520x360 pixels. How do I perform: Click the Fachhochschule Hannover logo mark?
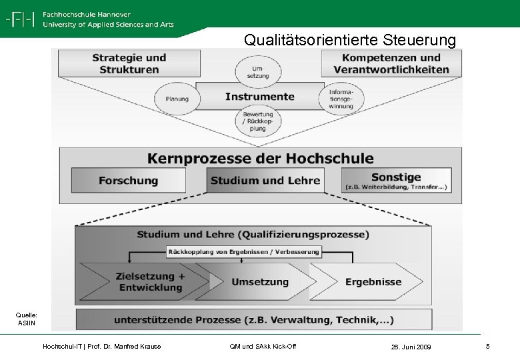tap(20, 19)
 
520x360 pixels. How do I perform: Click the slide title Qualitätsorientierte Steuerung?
tap(350, 40)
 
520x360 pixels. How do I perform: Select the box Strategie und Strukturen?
tap(129, 63)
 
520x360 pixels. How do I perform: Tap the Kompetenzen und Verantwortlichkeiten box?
tap(391, 63)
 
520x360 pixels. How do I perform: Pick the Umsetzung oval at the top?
tap(260, 71)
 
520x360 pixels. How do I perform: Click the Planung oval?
tap(177, 99)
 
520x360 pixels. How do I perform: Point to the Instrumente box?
tap(259, 97)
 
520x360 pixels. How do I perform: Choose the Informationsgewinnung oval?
tap(341, 99)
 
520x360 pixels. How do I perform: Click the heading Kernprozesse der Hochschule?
tap(260, 159)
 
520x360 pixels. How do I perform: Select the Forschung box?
tap(129, 181)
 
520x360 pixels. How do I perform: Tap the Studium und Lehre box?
tap(265, 181)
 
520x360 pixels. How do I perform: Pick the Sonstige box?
tap(396, 180)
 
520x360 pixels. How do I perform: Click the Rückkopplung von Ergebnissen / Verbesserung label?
tap(243, 251)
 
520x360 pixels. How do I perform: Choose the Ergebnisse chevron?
tap(370, 282)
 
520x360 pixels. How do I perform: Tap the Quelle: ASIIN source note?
tap(27, 319)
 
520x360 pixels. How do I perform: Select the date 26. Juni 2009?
tap(412, 347)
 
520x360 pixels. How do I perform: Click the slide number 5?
tap(488, 346)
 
